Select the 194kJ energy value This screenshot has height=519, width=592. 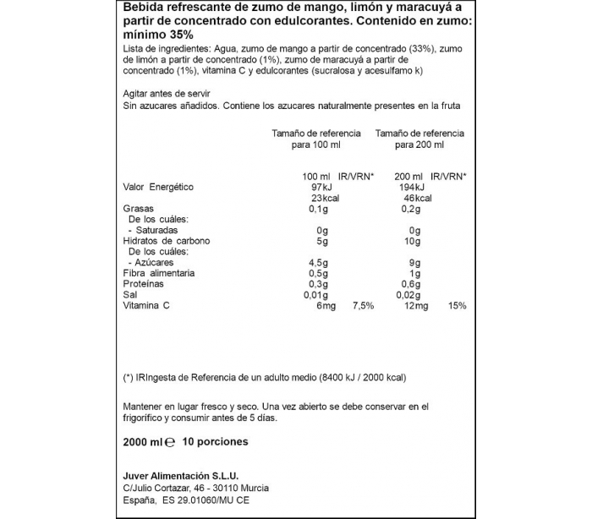point(411,187)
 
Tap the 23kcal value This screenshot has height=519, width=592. point(311,198)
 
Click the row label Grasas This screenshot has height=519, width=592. point(137,209)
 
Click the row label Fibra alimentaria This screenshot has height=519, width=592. point(159,274)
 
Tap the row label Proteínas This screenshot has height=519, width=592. point(143,285)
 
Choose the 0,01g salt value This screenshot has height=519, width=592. point(315,295)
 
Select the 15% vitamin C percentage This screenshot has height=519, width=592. point(458,306)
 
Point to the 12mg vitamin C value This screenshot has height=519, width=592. point(412,306)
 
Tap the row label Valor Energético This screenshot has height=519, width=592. point(158,187)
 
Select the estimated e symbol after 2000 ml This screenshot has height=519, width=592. point(170,441)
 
